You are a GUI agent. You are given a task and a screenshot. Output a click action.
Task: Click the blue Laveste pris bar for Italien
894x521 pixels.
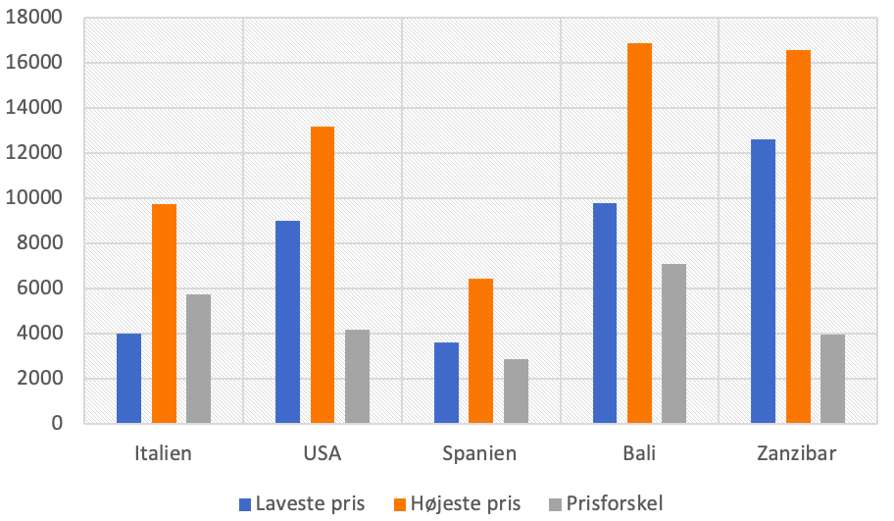click(x=128, y=379)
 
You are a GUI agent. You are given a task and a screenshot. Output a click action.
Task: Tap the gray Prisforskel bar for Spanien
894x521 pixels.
click(x=516, y=391)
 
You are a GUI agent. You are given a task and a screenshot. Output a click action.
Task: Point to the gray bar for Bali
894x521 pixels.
click(x=674, y=343)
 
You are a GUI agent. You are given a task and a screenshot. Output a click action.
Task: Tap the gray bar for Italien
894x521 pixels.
click(x=198, y=359)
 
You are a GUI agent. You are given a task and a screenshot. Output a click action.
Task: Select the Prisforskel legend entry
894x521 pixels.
click(x=609, y=504)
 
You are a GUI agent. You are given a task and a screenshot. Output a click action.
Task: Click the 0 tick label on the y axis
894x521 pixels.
click(x=58, y=424)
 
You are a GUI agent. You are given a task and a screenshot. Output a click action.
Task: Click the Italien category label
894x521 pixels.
click(x=163, y=453)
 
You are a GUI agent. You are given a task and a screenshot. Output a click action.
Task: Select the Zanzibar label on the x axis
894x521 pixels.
click(x=797, y=453)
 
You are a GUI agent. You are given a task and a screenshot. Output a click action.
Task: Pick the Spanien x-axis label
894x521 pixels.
click(x=480, y=453)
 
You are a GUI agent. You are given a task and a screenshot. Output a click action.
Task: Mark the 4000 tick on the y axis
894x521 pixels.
click(x=44, y=334)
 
